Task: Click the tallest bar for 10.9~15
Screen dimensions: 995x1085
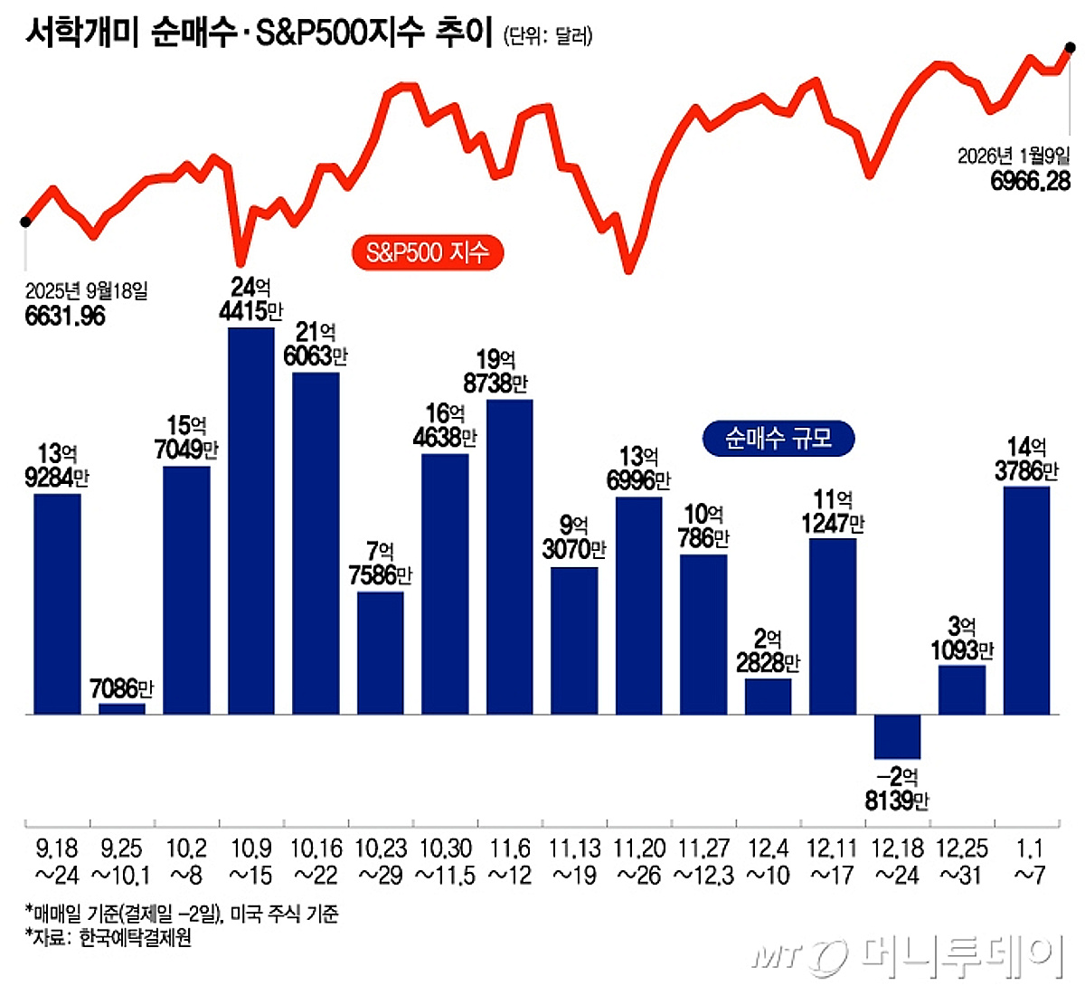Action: pyautogui.click(x=250, y=520)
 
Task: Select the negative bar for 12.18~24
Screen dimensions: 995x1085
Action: pyautogui.click(x=897, y=736)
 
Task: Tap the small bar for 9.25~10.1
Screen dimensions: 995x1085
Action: pyautogui.click(x=121, y=708)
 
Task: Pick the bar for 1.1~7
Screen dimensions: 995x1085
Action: pyautogui.click(x=1026, y=600)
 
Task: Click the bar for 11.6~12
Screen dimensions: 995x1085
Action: pyautogui.click(x=509, y=556)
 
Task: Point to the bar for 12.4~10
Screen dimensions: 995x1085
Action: pyautogui.click(x=768, y=696)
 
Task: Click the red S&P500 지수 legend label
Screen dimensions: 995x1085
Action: pyautogui.click(x=427, y=251)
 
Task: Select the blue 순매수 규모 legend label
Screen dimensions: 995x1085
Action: pyautogui.click(x=778, y=438)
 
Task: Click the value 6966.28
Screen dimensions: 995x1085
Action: pyautogui.click(x=1030, y=181)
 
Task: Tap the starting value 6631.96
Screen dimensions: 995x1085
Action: pyautogui.click(x=65, y=316)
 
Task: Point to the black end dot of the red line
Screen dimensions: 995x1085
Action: pyautogui.click(x=1070, y=47)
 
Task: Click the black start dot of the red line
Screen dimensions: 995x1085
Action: pyautogui.click(x=25, y=221)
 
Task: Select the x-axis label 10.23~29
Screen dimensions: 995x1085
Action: pyautogui.click(x=380, y=861)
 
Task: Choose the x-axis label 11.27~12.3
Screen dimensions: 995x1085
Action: pyautogui.click(x=703, y=861)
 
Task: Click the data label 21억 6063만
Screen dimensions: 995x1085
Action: pyautogui.click(x=315, y=345)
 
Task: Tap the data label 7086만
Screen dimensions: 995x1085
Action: pyautogui.click(x=121, y=688)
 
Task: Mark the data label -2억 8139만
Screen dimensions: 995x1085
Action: pyautogui.click(x=897, y=788)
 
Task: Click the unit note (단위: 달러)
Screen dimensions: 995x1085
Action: pyautogui.click(x=548, y=36)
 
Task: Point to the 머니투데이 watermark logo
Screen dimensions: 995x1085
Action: pyautogui.click(x=904, y=954)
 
